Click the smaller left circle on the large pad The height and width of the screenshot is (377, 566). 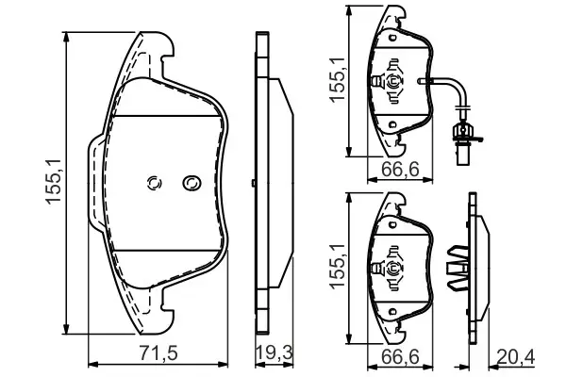pyautogui.click(x=157, y=183)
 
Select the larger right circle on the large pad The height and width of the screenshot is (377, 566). pyautogui.click(x=191, y=182)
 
